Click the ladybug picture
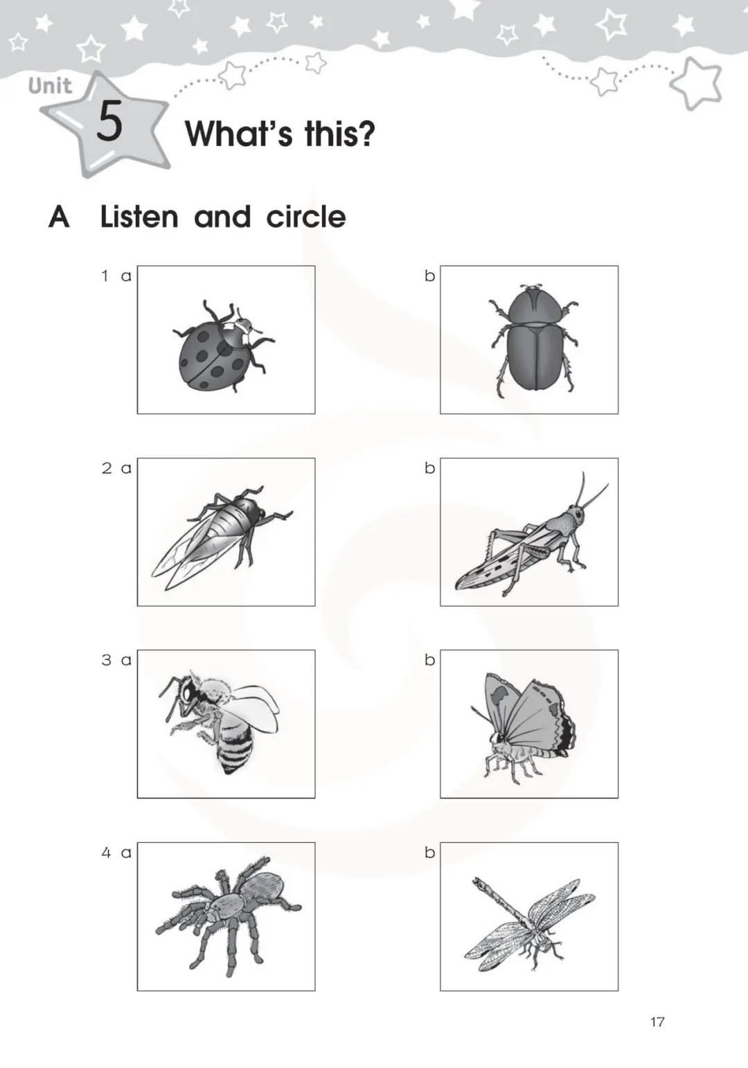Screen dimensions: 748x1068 pos(223,346)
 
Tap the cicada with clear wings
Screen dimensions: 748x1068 pos(222,537)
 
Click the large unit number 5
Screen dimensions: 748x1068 pos(109,121)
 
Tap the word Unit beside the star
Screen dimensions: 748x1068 pos(50,87)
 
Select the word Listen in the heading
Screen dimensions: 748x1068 pos(139,217)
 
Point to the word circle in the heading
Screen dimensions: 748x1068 pos(306,217)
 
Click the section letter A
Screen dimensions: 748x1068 pos(59,217)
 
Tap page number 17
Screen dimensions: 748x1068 pos(657,1022)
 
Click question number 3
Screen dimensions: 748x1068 pos(106,660)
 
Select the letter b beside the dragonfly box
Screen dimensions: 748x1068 pos(429,851)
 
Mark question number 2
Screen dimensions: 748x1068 pos(106,468)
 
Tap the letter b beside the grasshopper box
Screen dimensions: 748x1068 pos(429,468)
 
